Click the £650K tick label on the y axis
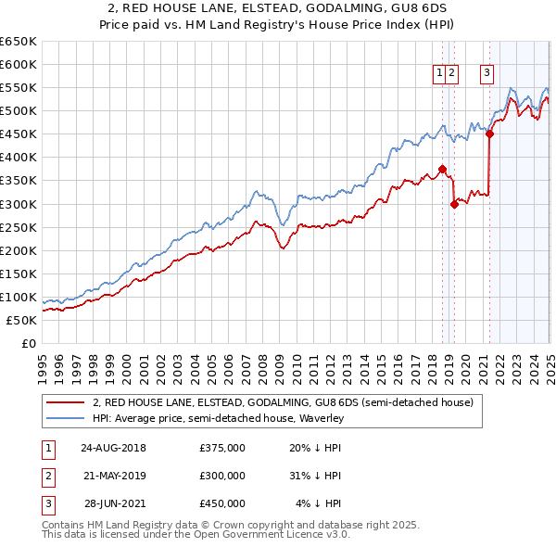tap(19, 42)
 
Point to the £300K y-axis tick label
tap(19, 204)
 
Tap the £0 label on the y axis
tap(28, 343)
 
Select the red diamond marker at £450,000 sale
tap(489, 134)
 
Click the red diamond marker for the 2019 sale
tap(454, 204)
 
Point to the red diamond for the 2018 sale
tap(442, 169)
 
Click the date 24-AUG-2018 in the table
tap(113, 448)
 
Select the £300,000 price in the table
tap(222, 476)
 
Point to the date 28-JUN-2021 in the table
tap(115, 503)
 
